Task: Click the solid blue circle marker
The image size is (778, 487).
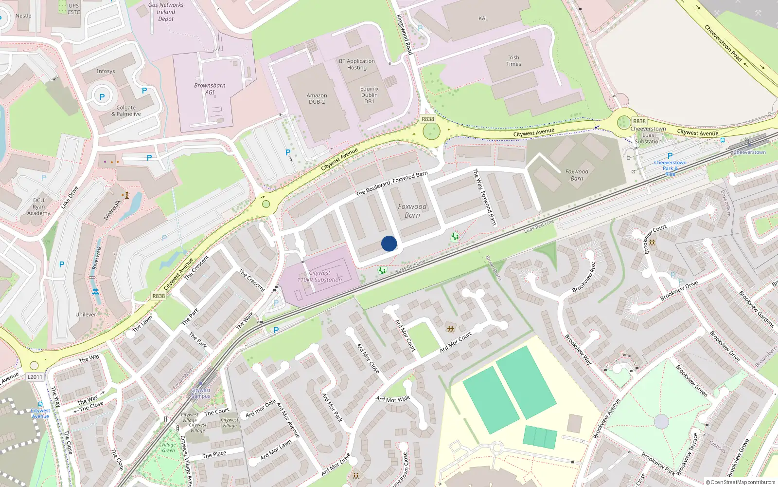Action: tap(389, 243)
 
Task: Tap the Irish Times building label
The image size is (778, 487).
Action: tap(513, 61)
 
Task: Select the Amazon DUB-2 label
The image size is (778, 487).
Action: tap(317, 99)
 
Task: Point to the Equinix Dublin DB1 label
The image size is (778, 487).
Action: tap(370, 95)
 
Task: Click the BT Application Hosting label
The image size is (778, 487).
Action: tap(357, 64)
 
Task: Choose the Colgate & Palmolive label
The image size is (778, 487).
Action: tap(126, 111)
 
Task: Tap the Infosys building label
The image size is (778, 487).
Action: tap(106, 71)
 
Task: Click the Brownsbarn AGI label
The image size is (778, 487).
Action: tap(210, 89)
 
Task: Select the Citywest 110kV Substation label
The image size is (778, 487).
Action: tap(319, 277)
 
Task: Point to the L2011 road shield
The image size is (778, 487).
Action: tap(35, 377)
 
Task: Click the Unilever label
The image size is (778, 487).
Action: tap(86, 315)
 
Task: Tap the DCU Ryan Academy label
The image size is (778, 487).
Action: tap(39, 207)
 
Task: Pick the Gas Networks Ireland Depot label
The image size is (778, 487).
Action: tap(166, 12)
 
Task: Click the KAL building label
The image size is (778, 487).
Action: tap(483, 19)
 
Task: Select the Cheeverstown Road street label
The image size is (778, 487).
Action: tap(723, 43)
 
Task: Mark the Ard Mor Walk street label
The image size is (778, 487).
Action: tap(393, 399)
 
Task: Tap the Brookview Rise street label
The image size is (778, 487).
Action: tap(583, 278)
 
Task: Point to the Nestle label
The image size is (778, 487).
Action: tap(23, 16)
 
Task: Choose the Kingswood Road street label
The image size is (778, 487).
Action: tap(405, 34)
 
